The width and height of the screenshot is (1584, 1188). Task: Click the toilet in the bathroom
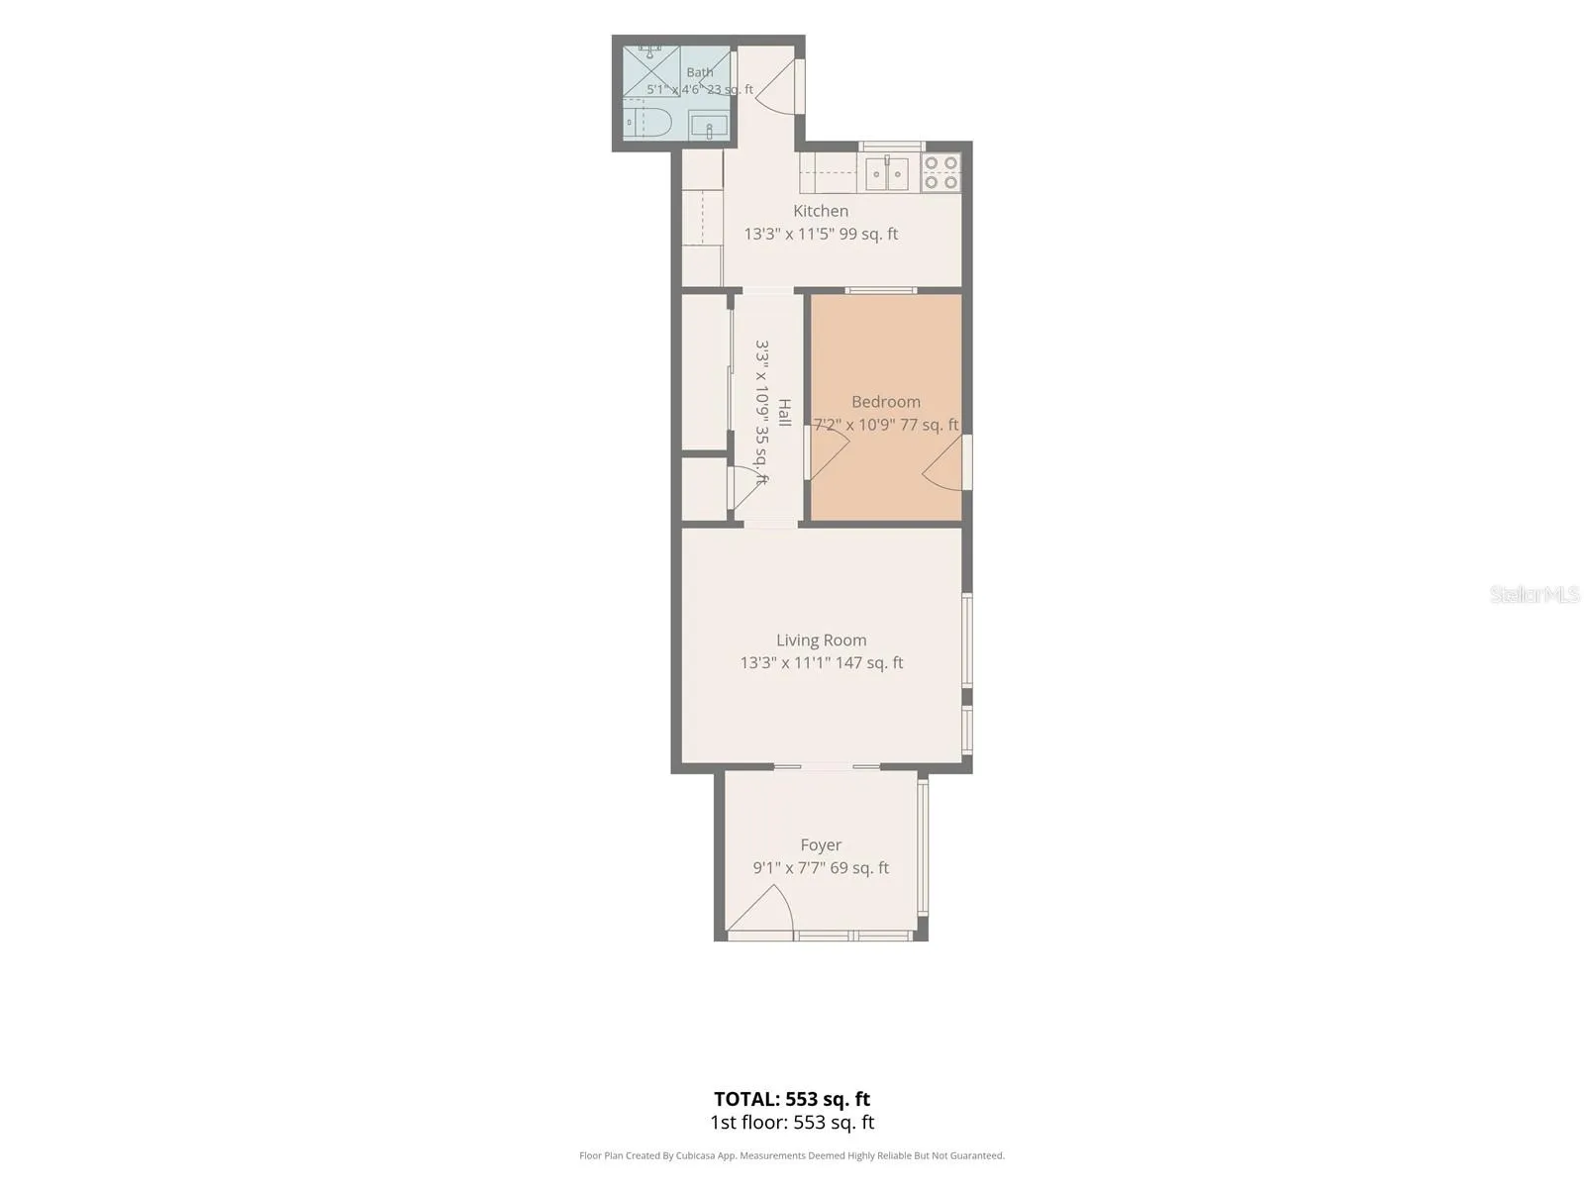[x=647, y=123]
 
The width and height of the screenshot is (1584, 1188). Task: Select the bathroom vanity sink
[x=708, y=126]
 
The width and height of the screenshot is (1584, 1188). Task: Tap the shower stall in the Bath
[x=650, y=70]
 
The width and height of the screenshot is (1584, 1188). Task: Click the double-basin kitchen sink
[x=886, y=173]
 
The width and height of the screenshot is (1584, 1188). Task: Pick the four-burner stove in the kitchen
[x=940, y=172]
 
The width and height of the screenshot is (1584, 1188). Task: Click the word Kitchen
[x=821, y=211]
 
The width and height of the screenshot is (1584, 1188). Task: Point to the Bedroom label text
[x=885, y=402]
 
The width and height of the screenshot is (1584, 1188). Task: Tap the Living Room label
[x=822, y=640]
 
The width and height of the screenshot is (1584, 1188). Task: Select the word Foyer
[x=821, y=844]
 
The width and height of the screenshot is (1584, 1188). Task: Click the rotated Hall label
[x=784, y=413]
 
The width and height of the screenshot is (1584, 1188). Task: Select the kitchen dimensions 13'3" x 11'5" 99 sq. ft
[x=822, y=234]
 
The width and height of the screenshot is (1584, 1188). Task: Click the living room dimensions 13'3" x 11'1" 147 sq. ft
[x=822, y=663]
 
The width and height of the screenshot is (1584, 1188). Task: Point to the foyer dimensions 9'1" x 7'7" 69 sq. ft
[x=821, y=868]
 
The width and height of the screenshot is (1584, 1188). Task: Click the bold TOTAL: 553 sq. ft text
[x=792, y=1099]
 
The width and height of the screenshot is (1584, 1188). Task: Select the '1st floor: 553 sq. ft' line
[x=792, y=1123]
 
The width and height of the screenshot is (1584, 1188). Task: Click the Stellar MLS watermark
[x=1534, y=594]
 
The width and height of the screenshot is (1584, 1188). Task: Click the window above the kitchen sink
[x=892, y=147]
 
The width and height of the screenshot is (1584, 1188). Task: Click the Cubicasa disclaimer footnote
[x=792, y=1155]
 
